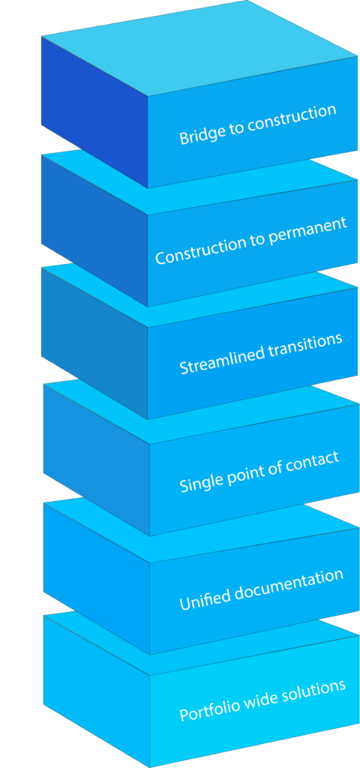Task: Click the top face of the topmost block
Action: [x=199, y=47]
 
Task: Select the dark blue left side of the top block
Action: [x=94, y=112]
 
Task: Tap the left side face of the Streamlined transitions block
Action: [x=94, y=343]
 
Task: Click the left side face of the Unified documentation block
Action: [x=97, y=579]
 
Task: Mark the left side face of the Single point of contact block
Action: [x=97, y=460]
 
